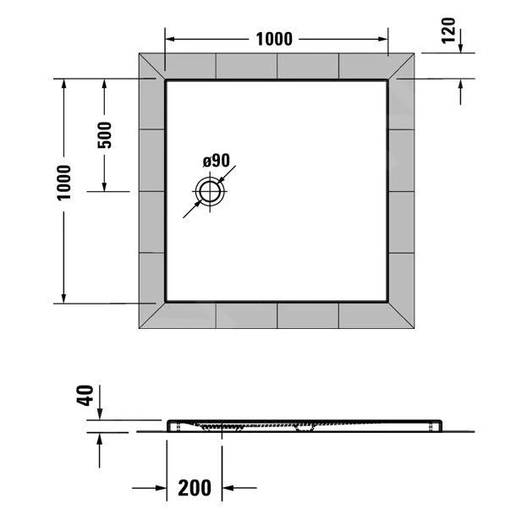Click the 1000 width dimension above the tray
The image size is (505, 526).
pyautogui.click(x=273, y=39)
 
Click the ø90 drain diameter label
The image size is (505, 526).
pyautogui.click(x=217, y=161)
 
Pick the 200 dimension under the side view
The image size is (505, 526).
pyautogui.click(x=195, y=487)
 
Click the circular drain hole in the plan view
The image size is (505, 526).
pyautogui.click(x=208, y=191)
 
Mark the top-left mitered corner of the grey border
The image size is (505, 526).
pyautogui.click(x=151, y=67)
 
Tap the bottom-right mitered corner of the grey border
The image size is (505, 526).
pyautogui.click(x=401, y=316)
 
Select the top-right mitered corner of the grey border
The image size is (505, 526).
pyautogui.click(x=401, y=67)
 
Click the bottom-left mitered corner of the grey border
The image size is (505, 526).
pyautogui.click(x=151, y=316)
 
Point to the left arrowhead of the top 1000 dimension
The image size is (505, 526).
pyautogui.click(x=169, y=39)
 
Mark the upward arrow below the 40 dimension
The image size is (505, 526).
pyautogui.click(x=100, y=440)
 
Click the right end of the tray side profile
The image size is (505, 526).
pyautogui.click(x=442, y=425)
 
